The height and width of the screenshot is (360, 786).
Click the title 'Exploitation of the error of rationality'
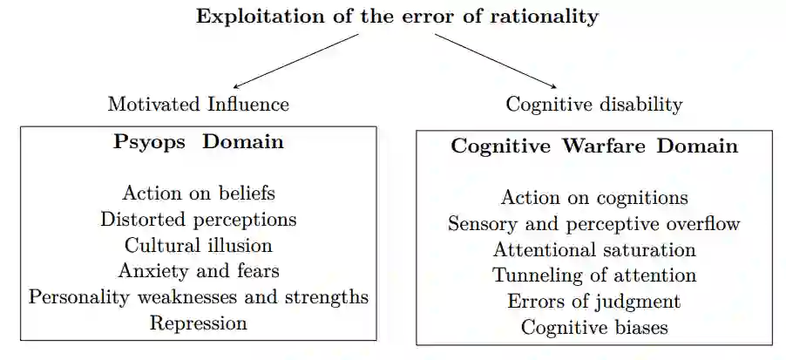point(397,17)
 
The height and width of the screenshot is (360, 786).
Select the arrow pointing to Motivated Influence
point(296,61)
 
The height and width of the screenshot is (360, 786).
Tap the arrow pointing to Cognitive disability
point(495,61)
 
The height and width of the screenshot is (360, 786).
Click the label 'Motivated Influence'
point(199,105)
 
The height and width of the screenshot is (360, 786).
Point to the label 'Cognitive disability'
point(593,105)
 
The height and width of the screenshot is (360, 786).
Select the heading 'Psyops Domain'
point(199,142)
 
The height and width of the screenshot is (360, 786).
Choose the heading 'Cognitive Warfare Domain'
point(593,146)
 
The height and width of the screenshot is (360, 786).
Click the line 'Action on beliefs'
point(199,193)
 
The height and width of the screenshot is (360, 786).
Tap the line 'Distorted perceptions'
point(199,219)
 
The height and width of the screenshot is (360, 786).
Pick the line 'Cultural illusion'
point(199,245)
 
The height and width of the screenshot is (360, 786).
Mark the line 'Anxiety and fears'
point(199,271)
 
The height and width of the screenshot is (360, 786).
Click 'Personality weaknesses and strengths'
point(199,296)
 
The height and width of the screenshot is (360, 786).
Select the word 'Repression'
point(199,323)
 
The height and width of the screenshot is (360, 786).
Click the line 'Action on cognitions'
point(593,198)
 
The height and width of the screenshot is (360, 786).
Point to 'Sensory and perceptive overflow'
point(593,224)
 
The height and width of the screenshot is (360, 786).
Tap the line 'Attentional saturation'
point(593,250)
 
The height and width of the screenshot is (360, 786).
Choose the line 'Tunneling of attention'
point(593,275)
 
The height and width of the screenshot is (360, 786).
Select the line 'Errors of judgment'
point(593,302)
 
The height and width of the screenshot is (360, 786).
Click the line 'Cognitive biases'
point(593,328)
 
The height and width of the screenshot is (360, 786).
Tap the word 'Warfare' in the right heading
point(603,146)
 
